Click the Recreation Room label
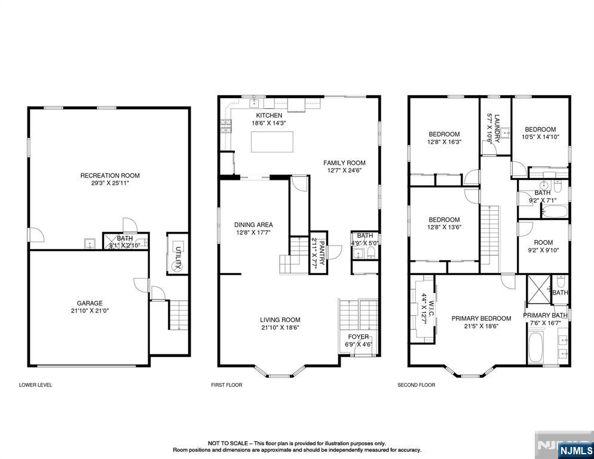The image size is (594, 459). pyautogui.click(x=110, y=175)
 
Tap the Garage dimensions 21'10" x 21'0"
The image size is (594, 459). pyautogui.click(x=89, y=311)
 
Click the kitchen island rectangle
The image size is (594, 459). pyautogui.click(x=272, y=142)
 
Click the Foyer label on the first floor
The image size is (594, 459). pyautogui.click(x=358, y=336)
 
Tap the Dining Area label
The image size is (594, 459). pyautogui.click(x=253, y=225)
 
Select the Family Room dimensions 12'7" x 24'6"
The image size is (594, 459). pyautogui.click(x=344, y=170)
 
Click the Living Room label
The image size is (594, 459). pyautogui.click(x=280, y=320)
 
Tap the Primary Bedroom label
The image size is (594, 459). pyautogui.click(x=481, y=319)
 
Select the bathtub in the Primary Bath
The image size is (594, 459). pyautogui.click(x=535, y=348)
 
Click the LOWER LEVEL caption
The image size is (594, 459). pyautogui.click(x=35, y=385)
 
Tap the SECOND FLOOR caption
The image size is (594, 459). pyautogui.click(x=416, y=385)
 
